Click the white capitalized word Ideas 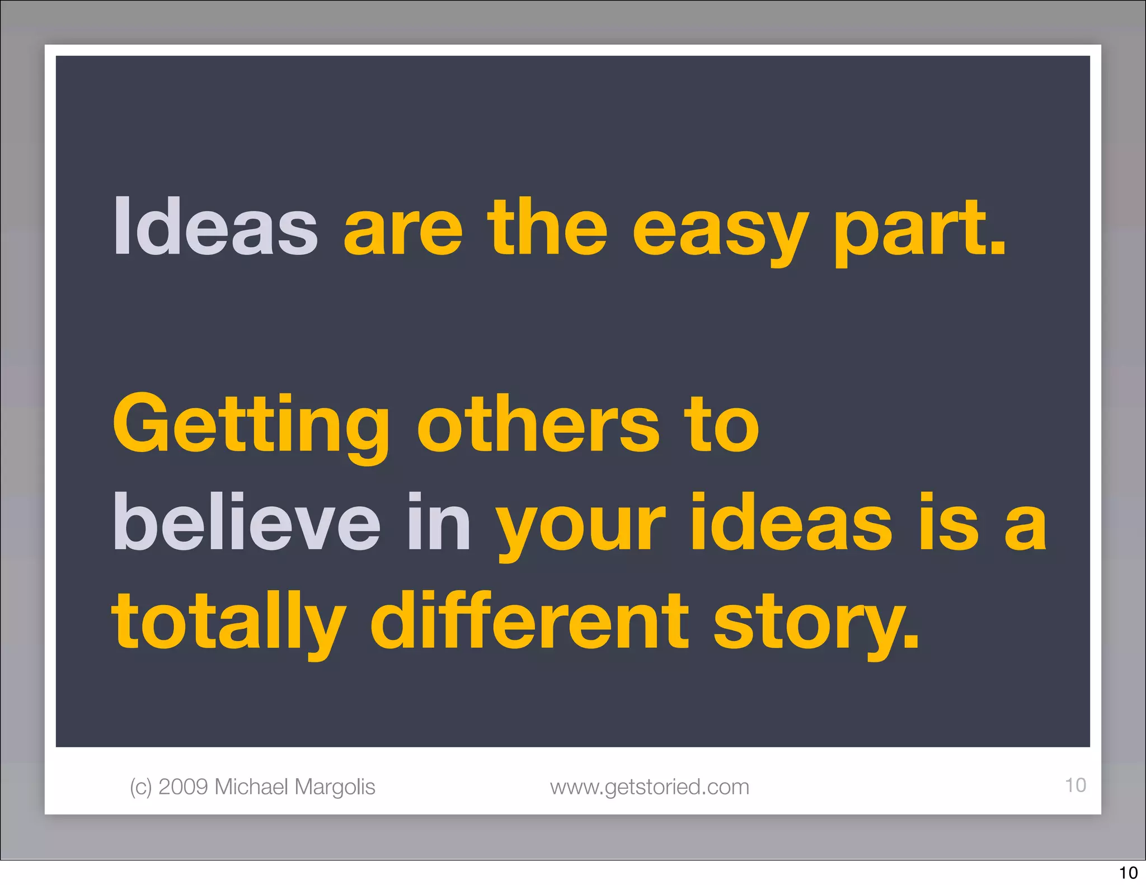(x=215, y=227)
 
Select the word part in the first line (x=918, y=229)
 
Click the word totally (x=229, y=623)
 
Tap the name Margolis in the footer (x=335, y=788)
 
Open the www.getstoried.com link (x=650, y=787)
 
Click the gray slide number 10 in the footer (x=1075, y=785)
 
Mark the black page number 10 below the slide (x=1128, y=873)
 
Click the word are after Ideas (x=403, y=229)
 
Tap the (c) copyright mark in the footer (x=141, y=787)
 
